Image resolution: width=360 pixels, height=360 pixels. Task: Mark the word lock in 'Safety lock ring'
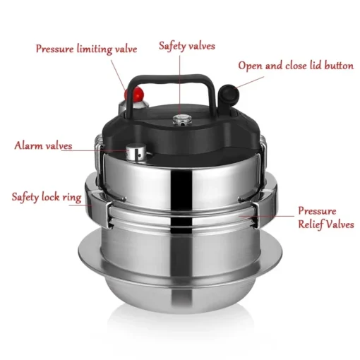click(55, 196)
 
